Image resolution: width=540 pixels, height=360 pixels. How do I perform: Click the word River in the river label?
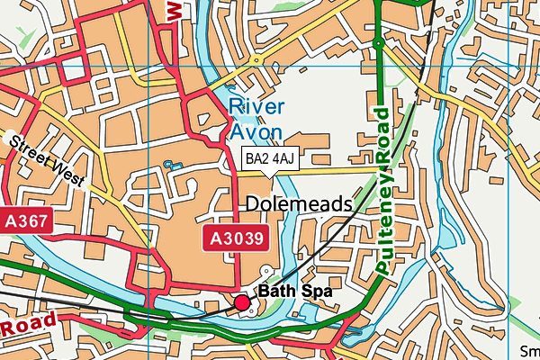point(258,107)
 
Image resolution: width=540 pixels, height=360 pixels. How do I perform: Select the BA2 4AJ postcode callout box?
point(270,159)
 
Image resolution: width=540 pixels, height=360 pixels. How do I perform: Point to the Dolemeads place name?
point(298,204)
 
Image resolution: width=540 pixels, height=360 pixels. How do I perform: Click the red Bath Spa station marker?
point(242,303)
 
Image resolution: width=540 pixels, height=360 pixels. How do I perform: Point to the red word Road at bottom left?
point(27,326)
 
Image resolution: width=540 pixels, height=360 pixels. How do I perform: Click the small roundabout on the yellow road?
point(257,61)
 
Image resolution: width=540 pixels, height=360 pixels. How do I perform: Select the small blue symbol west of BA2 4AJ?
point(168,165)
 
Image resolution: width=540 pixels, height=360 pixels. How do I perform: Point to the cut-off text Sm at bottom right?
point(529,351)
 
